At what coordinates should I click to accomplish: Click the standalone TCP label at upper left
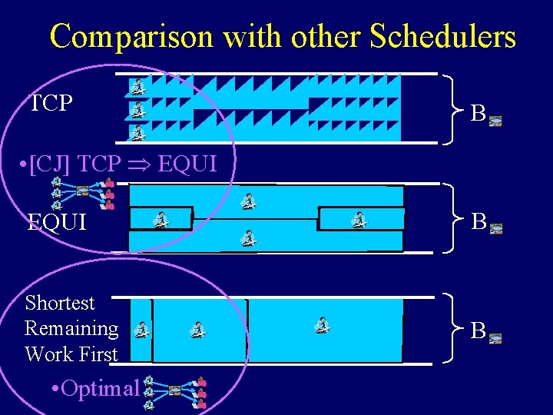coord(51,104)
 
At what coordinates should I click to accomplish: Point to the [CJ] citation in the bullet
coord(52,163)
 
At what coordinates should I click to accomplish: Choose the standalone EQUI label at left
coord(57,223)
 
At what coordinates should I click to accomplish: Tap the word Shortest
coord(60,303)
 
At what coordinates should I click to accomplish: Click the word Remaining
coord(71,328)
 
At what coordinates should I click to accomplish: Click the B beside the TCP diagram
coord(478,115)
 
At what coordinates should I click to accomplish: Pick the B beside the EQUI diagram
coord(478,222)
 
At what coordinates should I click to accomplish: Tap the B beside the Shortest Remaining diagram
coord(478,331)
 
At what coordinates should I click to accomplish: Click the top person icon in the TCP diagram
coord(137,86)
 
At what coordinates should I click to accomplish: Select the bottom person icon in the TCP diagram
coord(137,133)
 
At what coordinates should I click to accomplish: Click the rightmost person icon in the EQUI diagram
coord(358,220)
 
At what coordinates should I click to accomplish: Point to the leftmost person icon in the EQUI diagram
coord(161,220)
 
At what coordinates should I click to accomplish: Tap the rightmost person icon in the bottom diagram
coord(323,326)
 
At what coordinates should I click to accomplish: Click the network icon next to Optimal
coord(174,391)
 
